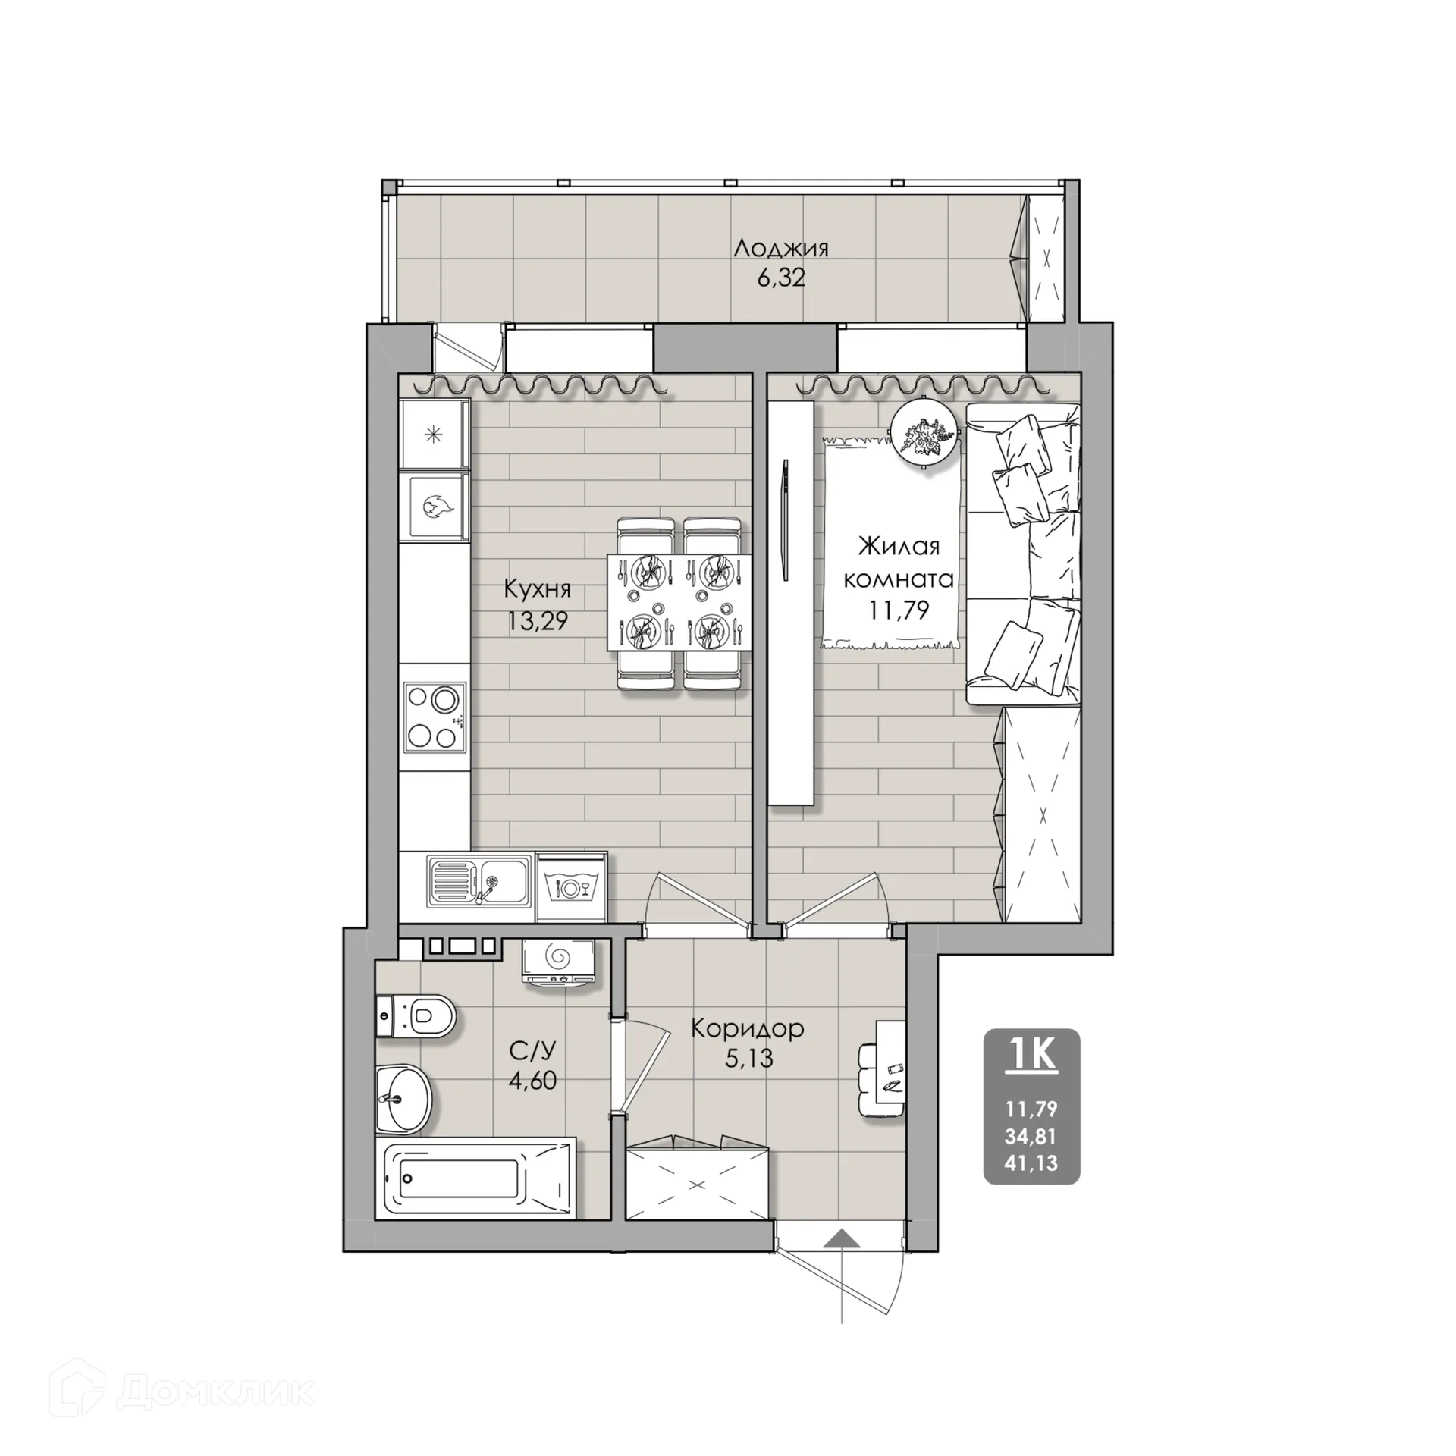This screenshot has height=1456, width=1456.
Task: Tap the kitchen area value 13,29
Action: tap(538, 621)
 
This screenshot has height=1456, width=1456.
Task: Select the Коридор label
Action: tap(747, 1029)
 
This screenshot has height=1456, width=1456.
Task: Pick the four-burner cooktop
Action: tap(433, 717)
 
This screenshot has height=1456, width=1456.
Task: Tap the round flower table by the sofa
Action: tap(923, 435)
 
